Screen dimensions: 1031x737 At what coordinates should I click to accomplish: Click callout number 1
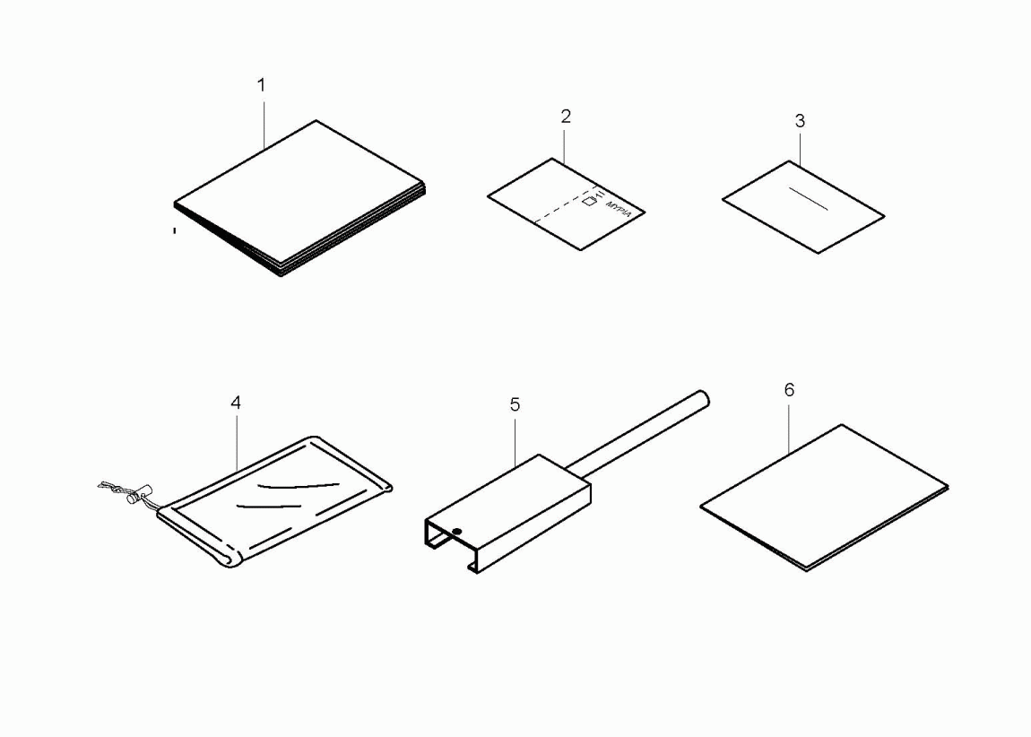coord(261,85)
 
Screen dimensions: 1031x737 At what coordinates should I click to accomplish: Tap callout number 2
coord(566,117)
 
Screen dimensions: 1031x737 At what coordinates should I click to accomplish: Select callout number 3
coord(800,121)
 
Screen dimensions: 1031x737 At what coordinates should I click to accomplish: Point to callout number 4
coord(236,403)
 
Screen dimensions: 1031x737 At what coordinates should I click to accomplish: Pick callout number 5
coord(515,404)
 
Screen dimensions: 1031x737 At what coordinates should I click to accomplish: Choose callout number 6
coord(789,390)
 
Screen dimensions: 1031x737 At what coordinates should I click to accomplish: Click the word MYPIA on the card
coord(619,208)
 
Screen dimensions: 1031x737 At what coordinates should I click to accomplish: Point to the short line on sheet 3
coord(808,199)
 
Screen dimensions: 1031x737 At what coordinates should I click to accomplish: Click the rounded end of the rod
coord(703,398)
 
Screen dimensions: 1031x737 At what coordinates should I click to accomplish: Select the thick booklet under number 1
coord(299,198)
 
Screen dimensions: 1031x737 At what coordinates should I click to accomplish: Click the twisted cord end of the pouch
coord(113,487)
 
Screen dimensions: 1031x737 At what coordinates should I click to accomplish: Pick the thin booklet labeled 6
coord(825,498)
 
